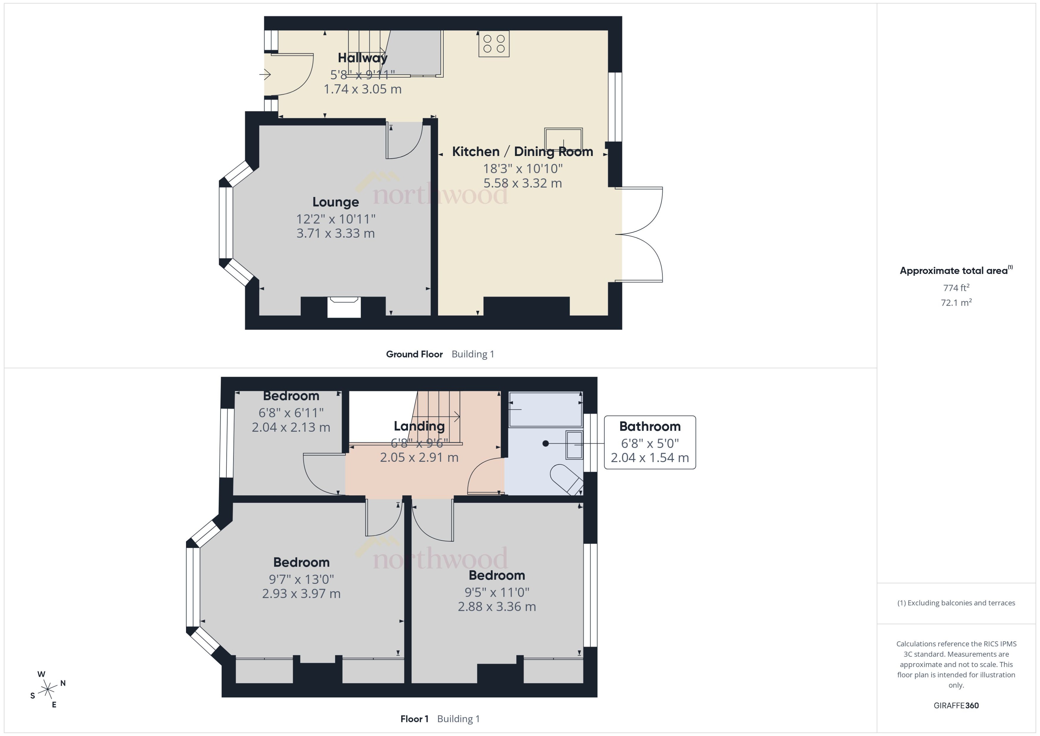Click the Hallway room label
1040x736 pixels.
363,58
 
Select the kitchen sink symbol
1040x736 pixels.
563,139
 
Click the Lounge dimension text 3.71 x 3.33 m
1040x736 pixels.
335,234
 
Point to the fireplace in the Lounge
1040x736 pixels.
344,307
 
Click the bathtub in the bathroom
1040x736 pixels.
545,409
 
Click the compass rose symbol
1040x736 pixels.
48,689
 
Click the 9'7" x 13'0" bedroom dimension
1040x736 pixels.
301,579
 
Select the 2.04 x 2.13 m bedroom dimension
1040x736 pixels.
291,427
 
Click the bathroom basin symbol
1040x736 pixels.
574,445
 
